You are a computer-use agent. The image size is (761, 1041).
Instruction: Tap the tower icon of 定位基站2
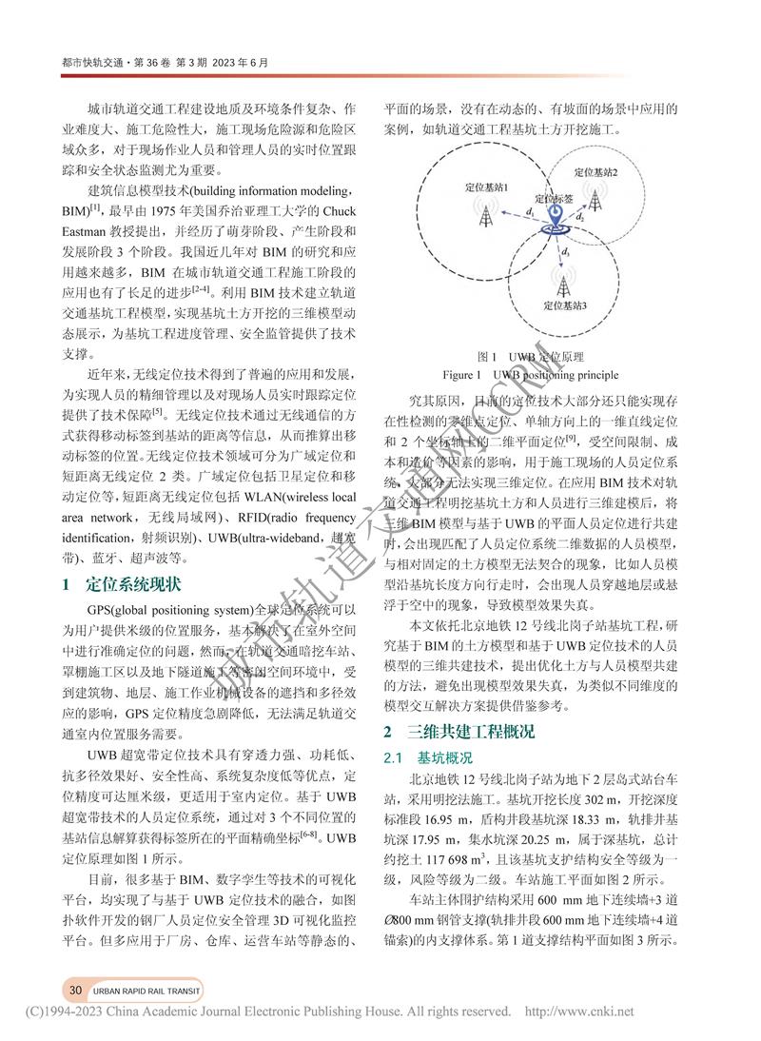click(x=597, y=200)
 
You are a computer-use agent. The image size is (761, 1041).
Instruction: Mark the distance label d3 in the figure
click(x=566, y=251)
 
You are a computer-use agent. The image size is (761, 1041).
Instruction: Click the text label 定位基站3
click(x=565, y=305)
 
